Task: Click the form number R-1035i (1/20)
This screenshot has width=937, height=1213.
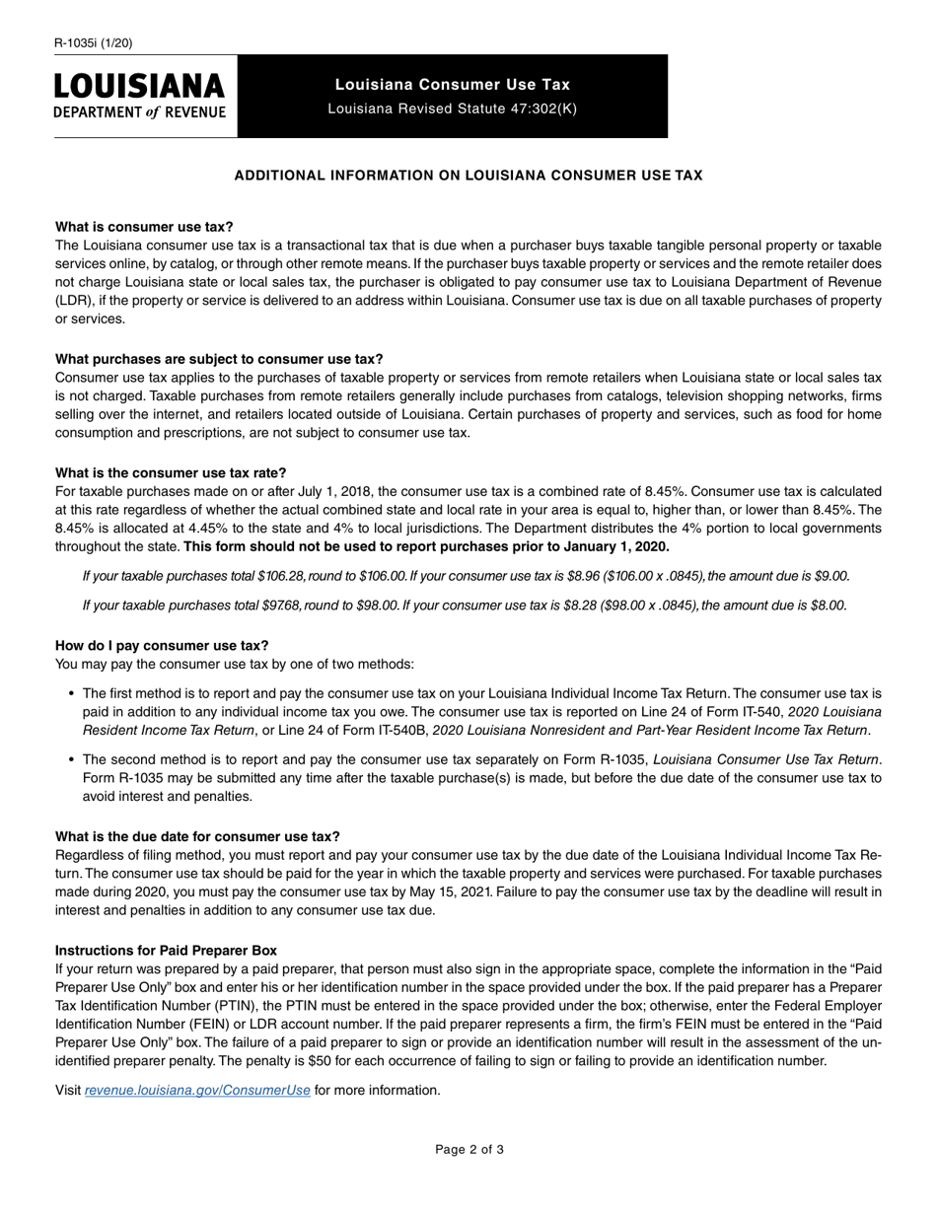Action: coord(94,42)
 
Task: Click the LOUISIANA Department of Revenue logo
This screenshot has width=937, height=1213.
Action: coord(140,96)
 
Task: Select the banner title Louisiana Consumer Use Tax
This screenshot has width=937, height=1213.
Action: coord(452,85)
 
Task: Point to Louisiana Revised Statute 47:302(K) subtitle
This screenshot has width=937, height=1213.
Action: coord(452,108)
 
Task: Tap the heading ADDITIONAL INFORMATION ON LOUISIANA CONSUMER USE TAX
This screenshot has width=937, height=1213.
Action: coord(468,176)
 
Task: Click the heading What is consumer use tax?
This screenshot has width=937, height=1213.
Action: coord(144,226)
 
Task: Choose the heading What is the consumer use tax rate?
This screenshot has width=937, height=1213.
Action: coord(171,472)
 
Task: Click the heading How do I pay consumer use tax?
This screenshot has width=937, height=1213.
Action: coord(162,646)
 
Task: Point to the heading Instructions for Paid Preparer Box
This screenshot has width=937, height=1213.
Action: coord(166,950)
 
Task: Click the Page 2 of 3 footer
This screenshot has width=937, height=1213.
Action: coord(469,1149)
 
